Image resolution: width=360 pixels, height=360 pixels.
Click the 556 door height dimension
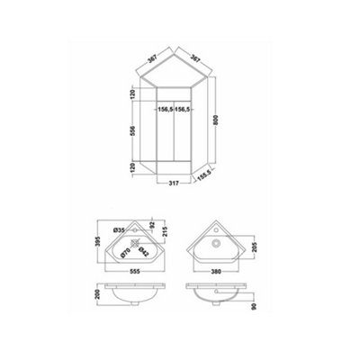tap(133, 130)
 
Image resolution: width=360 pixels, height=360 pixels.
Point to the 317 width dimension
tap(174, 183)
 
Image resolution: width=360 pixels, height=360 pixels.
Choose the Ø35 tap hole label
tap(119, 230)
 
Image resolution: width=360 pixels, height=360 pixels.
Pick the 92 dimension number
tap(151, 224)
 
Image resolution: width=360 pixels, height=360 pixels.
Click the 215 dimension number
tap(165, 231)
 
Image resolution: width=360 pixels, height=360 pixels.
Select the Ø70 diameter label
tap(125, 252)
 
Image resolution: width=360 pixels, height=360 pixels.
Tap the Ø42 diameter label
tap(144, 251)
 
